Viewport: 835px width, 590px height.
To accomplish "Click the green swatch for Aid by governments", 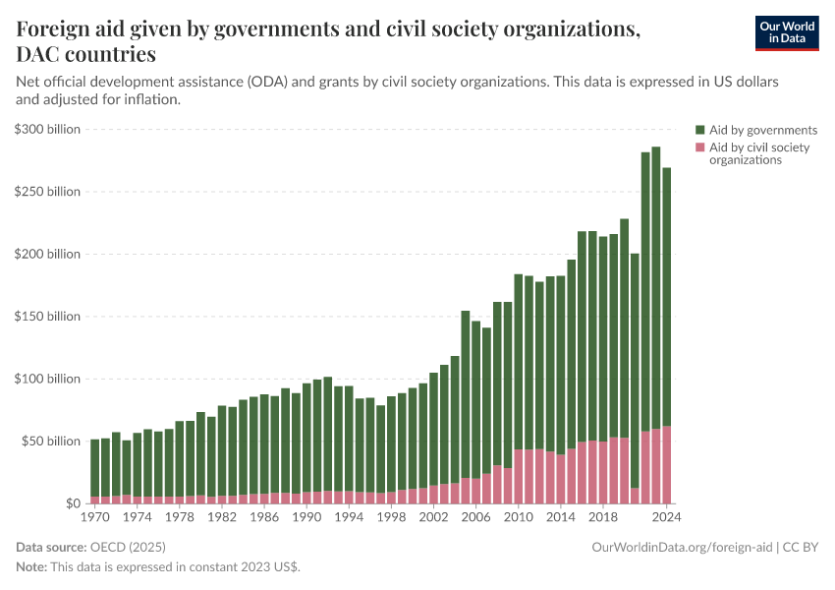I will pos(700,130).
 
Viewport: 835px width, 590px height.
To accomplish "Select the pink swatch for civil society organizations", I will pos(700,147).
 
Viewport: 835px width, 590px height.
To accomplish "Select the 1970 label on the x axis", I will pos(95,515).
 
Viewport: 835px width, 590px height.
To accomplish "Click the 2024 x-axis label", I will pos(667,515).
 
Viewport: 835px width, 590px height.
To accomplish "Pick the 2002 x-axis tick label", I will pos(434,515).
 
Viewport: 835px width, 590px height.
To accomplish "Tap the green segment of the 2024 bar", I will pos(667,295).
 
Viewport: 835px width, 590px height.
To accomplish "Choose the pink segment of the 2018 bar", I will pos(603,473).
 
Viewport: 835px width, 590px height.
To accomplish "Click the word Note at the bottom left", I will pos(31,567).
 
